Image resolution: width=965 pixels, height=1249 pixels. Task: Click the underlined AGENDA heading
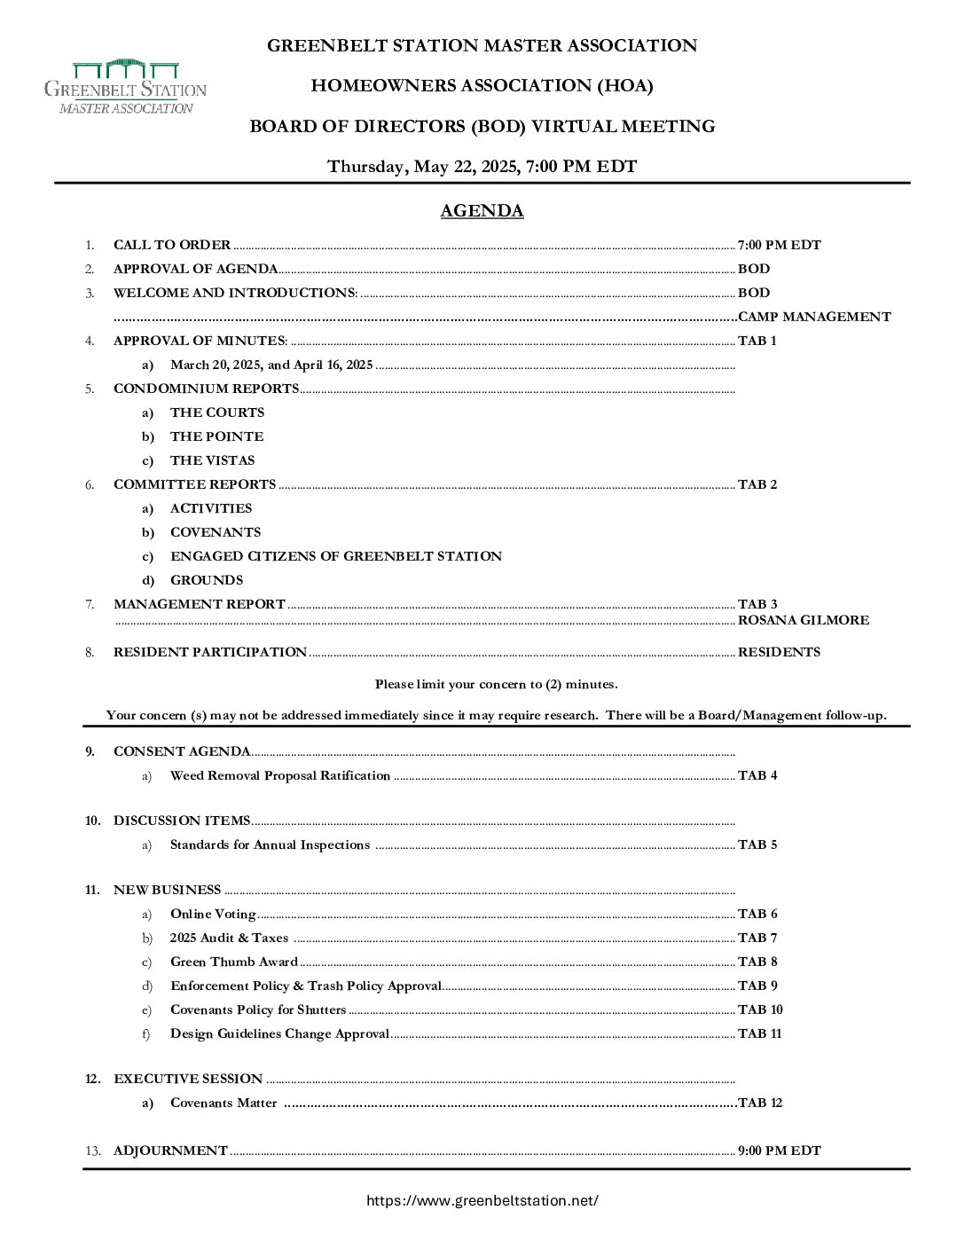pyautogui.click(x=482, y=211)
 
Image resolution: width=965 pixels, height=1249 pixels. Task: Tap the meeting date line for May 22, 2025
pyautogui.click(x=482, y=167)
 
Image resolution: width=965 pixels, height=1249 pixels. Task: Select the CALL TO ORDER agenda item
pyautogui.click(x=172, y=245)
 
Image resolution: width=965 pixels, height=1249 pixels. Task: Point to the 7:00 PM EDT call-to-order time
pyautogui.click(x=779, y=245)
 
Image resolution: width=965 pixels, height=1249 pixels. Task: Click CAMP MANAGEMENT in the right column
pyautogui.click(x=814, y=317)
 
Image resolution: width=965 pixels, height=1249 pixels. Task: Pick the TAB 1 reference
pyautogui.click(x=757, y=341)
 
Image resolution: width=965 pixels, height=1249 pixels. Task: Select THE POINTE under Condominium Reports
pyautogui.click(x=216, y=436)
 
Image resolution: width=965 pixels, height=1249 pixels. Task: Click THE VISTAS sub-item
pyautogui.click(x=212, y=460)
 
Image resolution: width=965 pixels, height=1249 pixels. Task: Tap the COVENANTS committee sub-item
pyautogui.click(x=216, y=532)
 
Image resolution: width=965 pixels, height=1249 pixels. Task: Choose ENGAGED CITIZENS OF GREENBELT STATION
pyautogui.click(x=336, y=556)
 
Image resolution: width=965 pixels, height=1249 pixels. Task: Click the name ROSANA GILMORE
pyautogui.click(x=803, y=620)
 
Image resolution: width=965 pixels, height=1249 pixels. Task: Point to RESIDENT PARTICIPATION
pyautogui.click(x=210, y=652)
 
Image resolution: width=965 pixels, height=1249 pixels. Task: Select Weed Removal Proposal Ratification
pyautogui.click(x=280, y=775)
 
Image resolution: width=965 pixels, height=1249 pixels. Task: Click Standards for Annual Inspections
pyautogui.click(x=270, y=844)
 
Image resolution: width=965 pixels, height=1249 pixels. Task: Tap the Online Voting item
pyautogui.click(x=213, y=914)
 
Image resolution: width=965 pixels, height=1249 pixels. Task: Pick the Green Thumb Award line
pyautogui.click(x=234, y=962)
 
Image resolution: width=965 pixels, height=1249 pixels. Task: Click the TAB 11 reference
pyautogui.click(x=759, y=1033)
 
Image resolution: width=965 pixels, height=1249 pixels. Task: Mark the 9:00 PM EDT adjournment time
pyautogui.click(x=779, y=1151)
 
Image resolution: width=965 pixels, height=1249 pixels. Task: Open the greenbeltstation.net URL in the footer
pyautogui.click(x=482, y=1201)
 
